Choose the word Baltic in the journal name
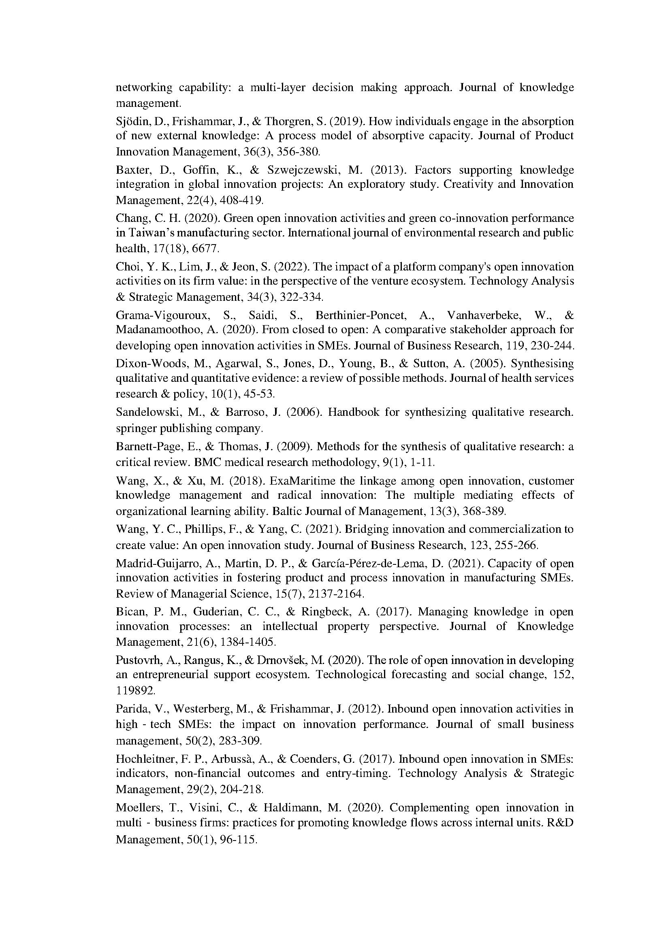[286, 511]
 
